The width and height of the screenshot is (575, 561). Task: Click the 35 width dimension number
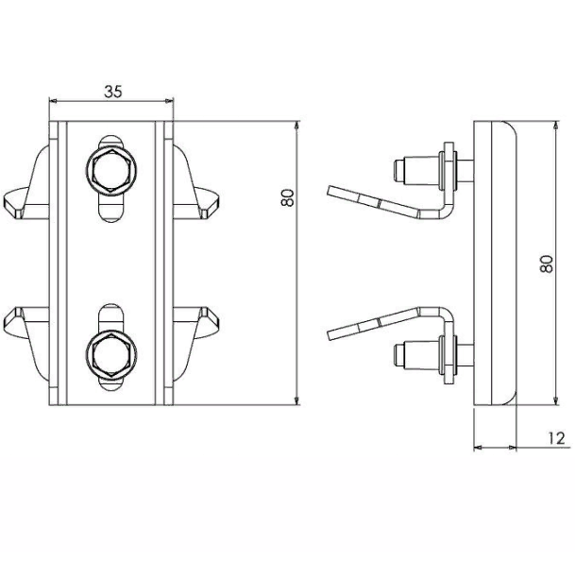112,92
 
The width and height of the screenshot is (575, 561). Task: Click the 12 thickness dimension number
557,438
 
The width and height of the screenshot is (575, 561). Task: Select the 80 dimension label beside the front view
288,197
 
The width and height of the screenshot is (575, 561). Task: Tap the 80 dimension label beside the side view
547,263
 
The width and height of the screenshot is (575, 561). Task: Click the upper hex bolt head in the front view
111,170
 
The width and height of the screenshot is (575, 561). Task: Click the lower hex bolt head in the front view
111,354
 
